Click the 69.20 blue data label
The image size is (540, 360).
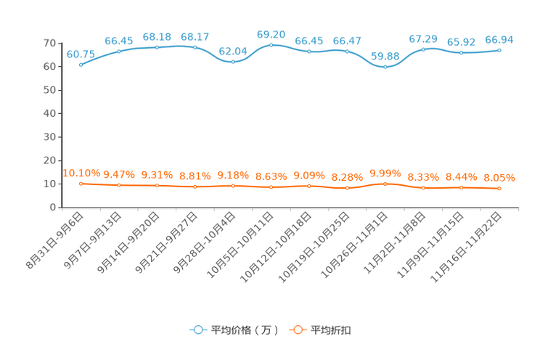tap(271, 34)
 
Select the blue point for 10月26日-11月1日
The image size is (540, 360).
tap(385, 67)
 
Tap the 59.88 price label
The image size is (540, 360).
tap(385, 56)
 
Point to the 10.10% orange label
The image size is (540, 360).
tap(81, 173)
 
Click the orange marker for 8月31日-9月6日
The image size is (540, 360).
tap(81, 184)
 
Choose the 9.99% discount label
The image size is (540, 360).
tap(385, 173)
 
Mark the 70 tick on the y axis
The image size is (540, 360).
tap(50, 43)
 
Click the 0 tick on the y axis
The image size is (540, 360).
tap(53, 208)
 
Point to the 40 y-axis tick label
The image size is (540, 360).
tap(50, 113)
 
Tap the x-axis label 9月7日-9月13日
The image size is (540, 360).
tap(93, 240)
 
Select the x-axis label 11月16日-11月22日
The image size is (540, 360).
tap(466, 247)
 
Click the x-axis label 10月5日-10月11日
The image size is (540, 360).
tap(240, 245)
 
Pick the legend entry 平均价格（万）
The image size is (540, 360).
tap(234, 330)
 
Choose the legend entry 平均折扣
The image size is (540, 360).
tap(320, 330)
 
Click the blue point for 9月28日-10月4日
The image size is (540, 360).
tap(233, 62)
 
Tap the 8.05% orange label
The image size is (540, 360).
tap(499, 178)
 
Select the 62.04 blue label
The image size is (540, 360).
tap(233, 52)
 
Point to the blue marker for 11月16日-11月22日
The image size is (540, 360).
tap(499, 50)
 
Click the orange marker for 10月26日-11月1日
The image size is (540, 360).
tap(385, 184)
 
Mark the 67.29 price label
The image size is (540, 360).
tap(423, 39)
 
